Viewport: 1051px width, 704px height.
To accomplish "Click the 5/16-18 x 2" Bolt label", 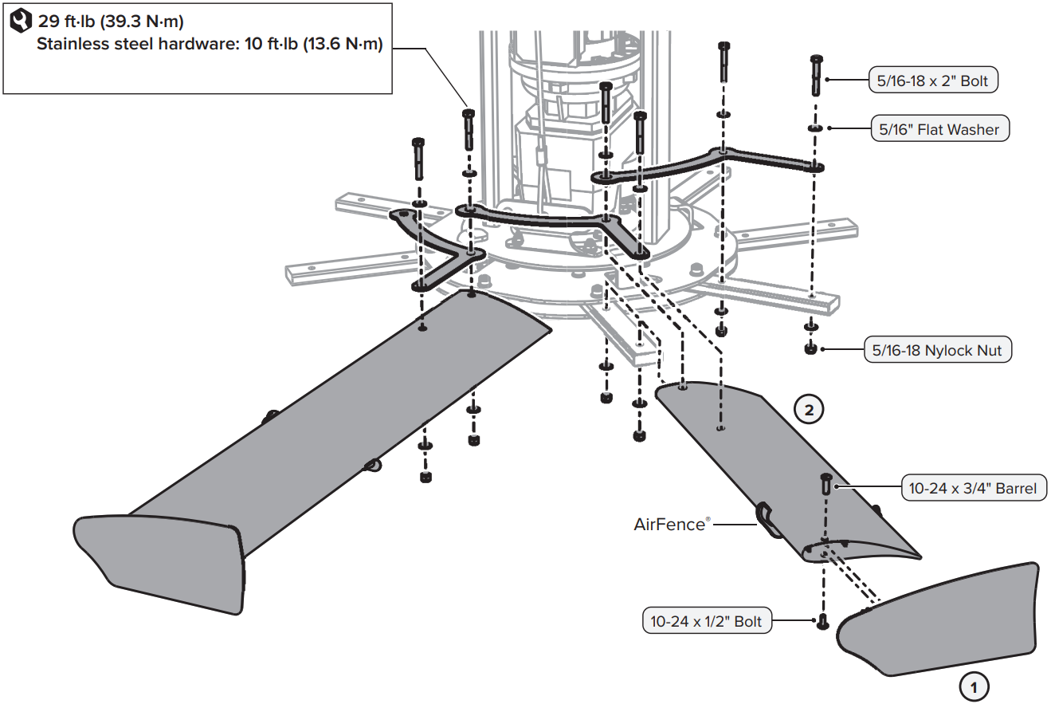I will tap(933, 81).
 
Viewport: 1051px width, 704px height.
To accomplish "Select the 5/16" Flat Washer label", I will tap(939, 129).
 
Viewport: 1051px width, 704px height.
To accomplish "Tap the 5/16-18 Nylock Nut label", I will tap(938, 350).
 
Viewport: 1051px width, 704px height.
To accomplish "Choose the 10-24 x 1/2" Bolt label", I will tap(707, 621).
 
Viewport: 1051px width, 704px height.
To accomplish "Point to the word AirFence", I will tap(669, 524).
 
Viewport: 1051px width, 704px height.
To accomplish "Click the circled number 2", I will tap(809, 411).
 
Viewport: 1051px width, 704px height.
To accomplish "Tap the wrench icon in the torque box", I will tap(19, 22).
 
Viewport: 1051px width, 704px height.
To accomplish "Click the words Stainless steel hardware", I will tap(132, 45).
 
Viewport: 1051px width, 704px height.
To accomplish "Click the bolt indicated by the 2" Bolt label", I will tap(817, 76).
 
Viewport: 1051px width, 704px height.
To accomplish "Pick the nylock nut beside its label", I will tap(810, 348).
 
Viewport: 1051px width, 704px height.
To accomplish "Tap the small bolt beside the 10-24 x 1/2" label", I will tap(822, 621).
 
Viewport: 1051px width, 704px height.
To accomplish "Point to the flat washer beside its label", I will tap(816, 128).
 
